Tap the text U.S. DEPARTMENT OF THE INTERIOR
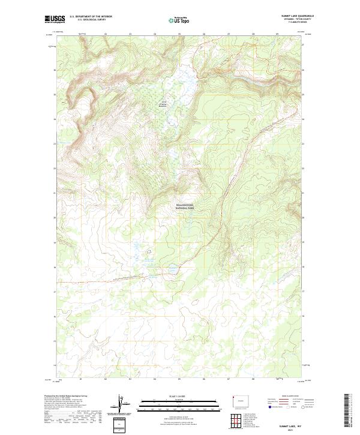click(x=91, y=17)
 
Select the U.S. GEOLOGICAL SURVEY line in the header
click(x=91, y=20)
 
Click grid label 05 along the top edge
click(x=179, y=34)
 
